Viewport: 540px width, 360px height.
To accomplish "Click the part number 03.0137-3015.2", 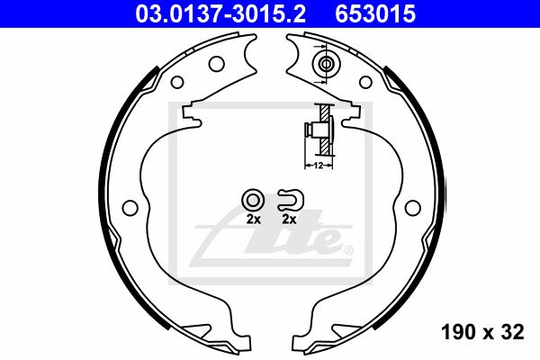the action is coord(220,14).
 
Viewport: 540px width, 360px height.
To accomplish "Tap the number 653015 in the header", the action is coord(375,14).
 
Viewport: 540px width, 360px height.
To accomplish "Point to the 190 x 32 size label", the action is coord(482,332).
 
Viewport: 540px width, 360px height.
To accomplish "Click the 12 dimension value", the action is coord(319,166).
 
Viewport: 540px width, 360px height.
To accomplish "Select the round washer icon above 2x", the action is coord(253,200).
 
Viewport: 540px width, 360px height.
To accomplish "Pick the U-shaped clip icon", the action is coord(291,200).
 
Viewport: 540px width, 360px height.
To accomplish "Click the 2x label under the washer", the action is coord(254,219).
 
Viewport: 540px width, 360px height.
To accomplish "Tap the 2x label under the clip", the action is coord(289,219).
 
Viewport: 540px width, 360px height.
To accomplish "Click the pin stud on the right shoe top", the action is coord(326,64).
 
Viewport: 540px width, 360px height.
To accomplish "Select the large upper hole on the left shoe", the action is coord(217,64).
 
